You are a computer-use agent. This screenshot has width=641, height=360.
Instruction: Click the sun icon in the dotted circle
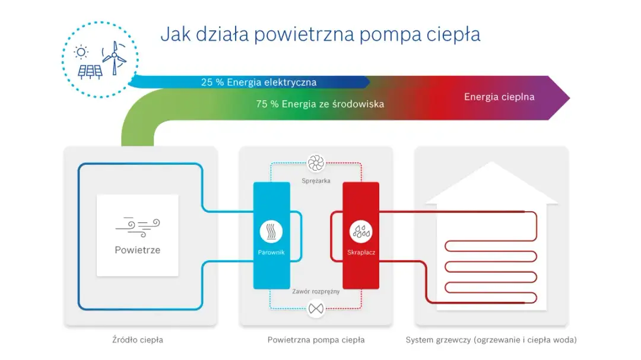[x=81, y=52]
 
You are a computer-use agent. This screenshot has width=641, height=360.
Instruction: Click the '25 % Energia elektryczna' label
[x=258, y=82]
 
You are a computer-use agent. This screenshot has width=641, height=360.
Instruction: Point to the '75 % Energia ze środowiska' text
[x=320, y=104]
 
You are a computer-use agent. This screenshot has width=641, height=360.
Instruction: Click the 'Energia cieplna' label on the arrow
[x=499, y=97]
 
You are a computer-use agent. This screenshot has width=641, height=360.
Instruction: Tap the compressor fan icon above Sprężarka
[x=315, y=163]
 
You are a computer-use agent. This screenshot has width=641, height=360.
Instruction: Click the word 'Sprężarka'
[x=315, y=180]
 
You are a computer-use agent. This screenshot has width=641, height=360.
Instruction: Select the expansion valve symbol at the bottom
[x=316, y=308]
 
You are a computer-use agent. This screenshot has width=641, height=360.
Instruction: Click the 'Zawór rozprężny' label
[x=316, y=292]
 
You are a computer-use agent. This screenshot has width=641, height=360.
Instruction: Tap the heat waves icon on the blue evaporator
[x=271, y=232]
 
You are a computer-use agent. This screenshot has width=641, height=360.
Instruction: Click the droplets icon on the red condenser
[x=361, y=232]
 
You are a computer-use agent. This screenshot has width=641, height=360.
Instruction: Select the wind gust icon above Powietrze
[x=137, y=225]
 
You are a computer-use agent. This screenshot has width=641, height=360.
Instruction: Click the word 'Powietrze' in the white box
[x=137, y=250]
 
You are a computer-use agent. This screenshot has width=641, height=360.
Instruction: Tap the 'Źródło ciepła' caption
[x=137, y=340]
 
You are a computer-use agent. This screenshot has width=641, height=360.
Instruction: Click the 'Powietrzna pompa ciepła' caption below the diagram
[x=316, y=340]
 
